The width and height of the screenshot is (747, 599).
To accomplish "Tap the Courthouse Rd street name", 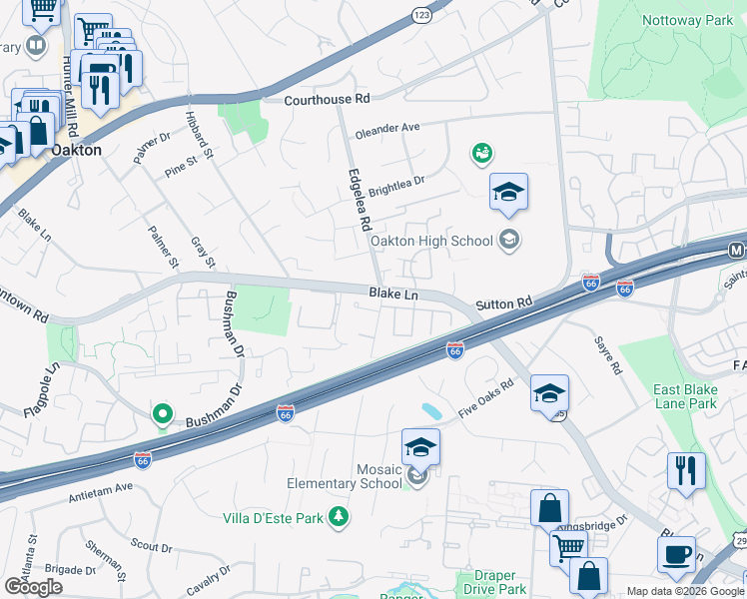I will (x=327, y=100).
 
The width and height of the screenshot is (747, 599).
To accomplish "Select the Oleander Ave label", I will (x=387, y=129).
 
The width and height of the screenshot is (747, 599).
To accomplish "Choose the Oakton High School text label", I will (x=431, y=241).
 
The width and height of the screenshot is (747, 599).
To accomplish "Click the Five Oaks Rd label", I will (x=485, y=397).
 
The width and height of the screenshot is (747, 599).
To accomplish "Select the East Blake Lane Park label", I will (x=685, y=396).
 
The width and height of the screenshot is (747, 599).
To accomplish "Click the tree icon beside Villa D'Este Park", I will (x=340, y=516).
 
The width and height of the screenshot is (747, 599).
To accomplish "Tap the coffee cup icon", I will (x=676, y=553).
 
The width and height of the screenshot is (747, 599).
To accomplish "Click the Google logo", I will (x=33, y=587).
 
